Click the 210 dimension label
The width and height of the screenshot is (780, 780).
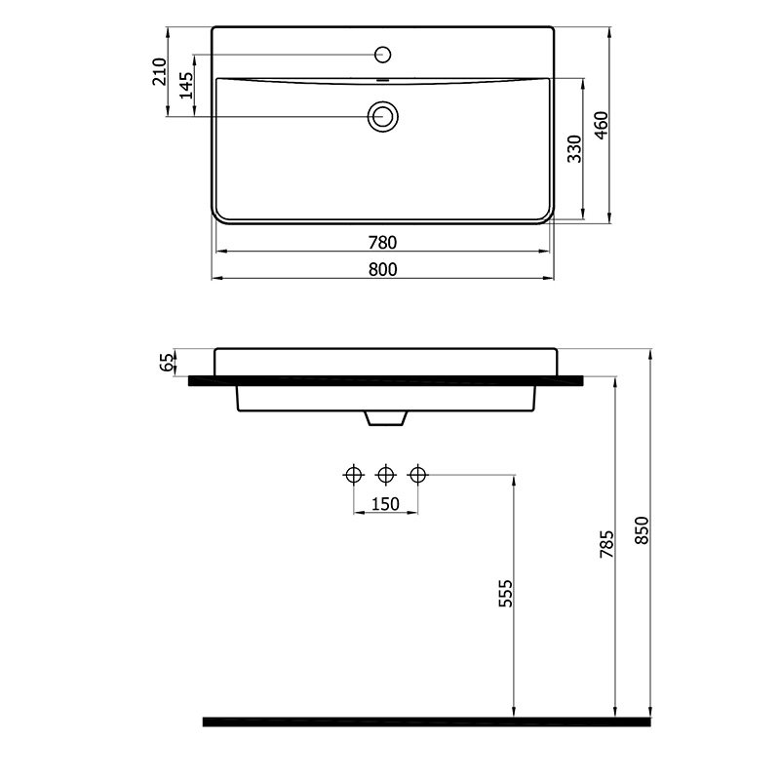tap(159, 71)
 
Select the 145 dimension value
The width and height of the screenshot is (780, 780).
tap(186, 86)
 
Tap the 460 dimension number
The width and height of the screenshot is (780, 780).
tap(601, 126)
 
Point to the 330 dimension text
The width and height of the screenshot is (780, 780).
tap(574, 149)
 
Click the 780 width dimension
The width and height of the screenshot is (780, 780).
tap(382, 243)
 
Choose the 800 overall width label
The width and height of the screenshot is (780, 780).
tap(382, 270)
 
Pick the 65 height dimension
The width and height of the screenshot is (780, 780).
tap(168, 362)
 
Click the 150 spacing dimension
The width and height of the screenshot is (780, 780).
tap(385, 504)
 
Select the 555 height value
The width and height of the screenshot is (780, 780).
tap(505, 593)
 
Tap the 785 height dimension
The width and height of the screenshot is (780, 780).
tap(606, 544)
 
